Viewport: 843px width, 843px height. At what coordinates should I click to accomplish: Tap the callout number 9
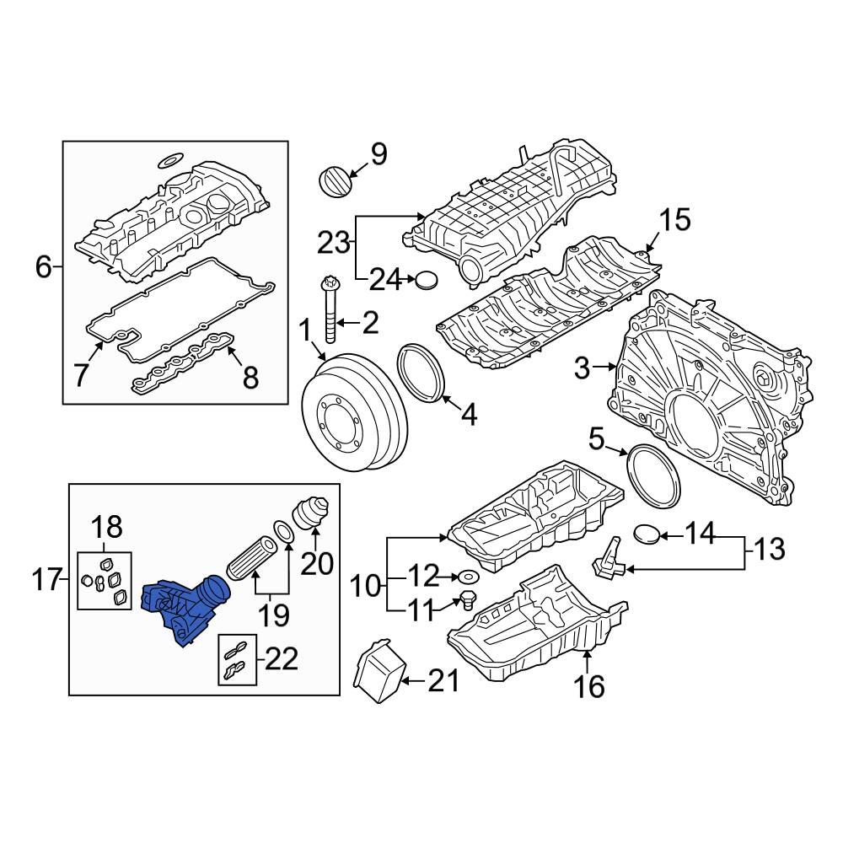pos(379,154)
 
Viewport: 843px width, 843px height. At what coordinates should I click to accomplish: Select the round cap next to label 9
pos(333,180)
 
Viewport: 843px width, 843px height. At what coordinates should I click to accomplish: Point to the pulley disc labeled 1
pos(354,411)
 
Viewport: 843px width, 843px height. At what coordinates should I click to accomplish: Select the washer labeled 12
pos(465,577)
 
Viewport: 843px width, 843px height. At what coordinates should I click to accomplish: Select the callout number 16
pos(589,687)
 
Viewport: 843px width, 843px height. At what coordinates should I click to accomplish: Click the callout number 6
pos(44,268)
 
